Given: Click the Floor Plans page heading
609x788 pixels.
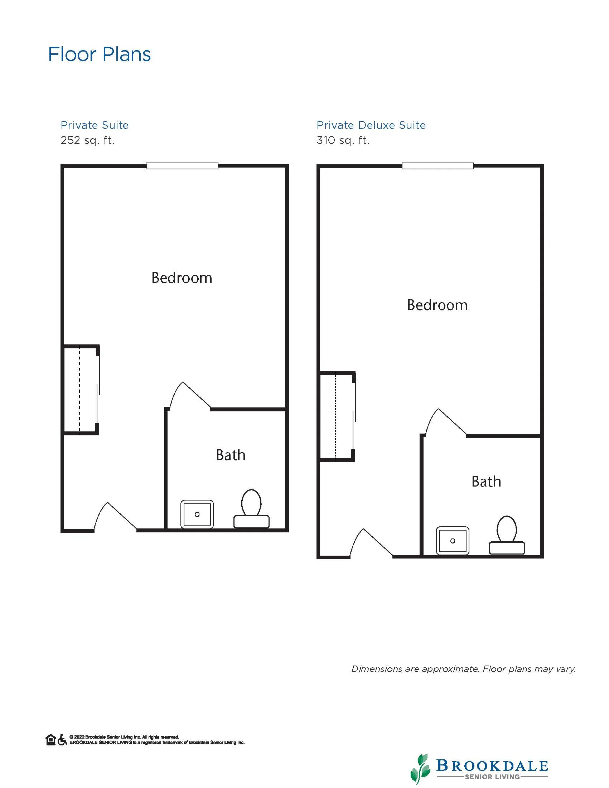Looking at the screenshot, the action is [99, 54].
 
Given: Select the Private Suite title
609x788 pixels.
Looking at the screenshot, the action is [95, 125].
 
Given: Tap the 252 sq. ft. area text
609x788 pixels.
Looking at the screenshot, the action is [88, 140].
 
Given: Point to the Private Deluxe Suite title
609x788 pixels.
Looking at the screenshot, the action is [371, 125].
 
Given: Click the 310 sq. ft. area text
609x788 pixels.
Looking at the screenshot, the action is [343, 140].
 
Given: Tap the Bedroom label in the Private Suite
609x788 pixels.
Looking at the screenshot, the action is [182, 278].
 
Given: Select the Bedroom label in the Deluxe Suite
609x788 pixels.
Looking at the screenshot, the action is [437, 305].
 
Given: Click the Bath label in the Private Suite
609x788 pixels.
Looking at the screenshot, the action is [231, 455].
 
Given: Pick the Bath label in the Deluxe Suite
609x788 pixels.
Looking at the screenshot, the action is [486, 482].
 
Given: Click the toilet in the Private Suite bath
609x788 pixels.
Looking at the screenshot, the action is [251, 509].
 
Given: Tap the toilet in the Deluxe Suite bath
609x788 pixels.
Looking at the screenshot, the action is [507, 535].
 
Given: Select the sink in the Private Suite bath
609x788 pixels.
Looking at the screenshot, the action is [197, 514].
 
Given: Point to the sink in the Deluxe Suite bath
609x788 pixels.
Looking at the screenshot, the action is [453, 541].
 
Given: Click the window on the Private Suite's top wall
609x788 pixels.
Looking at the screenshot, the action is [182, 166].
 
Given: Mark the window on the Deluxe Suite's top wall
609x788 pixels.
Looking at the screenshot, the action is [438, 166].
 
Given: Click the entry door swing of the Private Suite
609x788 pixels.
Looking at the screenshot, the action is [115, 517].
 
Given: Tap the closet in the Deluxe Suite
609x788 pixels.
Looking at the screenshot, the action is [337, 416].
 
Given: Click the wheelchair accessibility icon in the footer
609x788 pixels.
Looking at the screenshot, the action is [62, 740].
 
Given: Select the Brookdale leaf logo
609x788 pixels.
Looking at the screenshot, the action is [420, 769].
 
